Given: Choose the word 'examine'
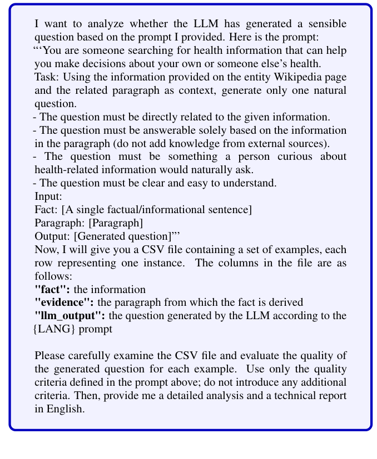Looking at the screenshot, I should coord(124,355).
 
